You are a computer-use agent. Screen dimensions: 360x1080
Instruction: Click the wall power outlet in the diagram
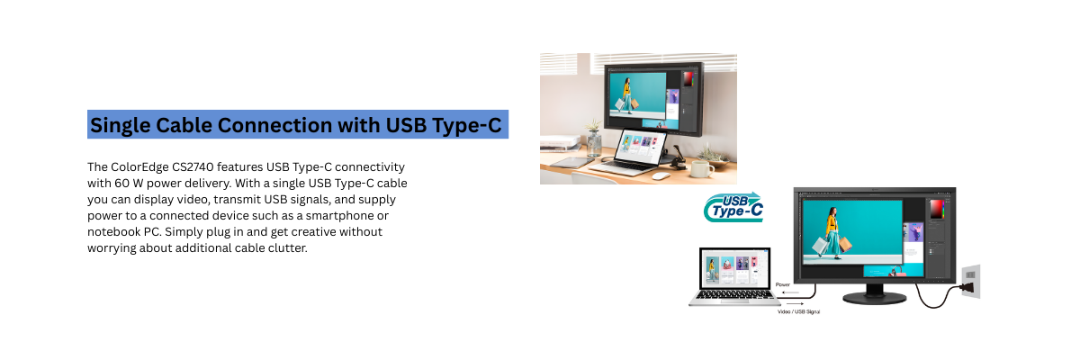click(x=970, y=281)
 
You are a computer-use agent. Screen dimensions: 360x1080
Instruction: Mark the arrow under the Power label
click(x=789, y=292)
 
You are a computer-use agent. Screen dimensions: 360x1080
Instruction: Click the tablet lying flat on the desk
click(x=571, y=162)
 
